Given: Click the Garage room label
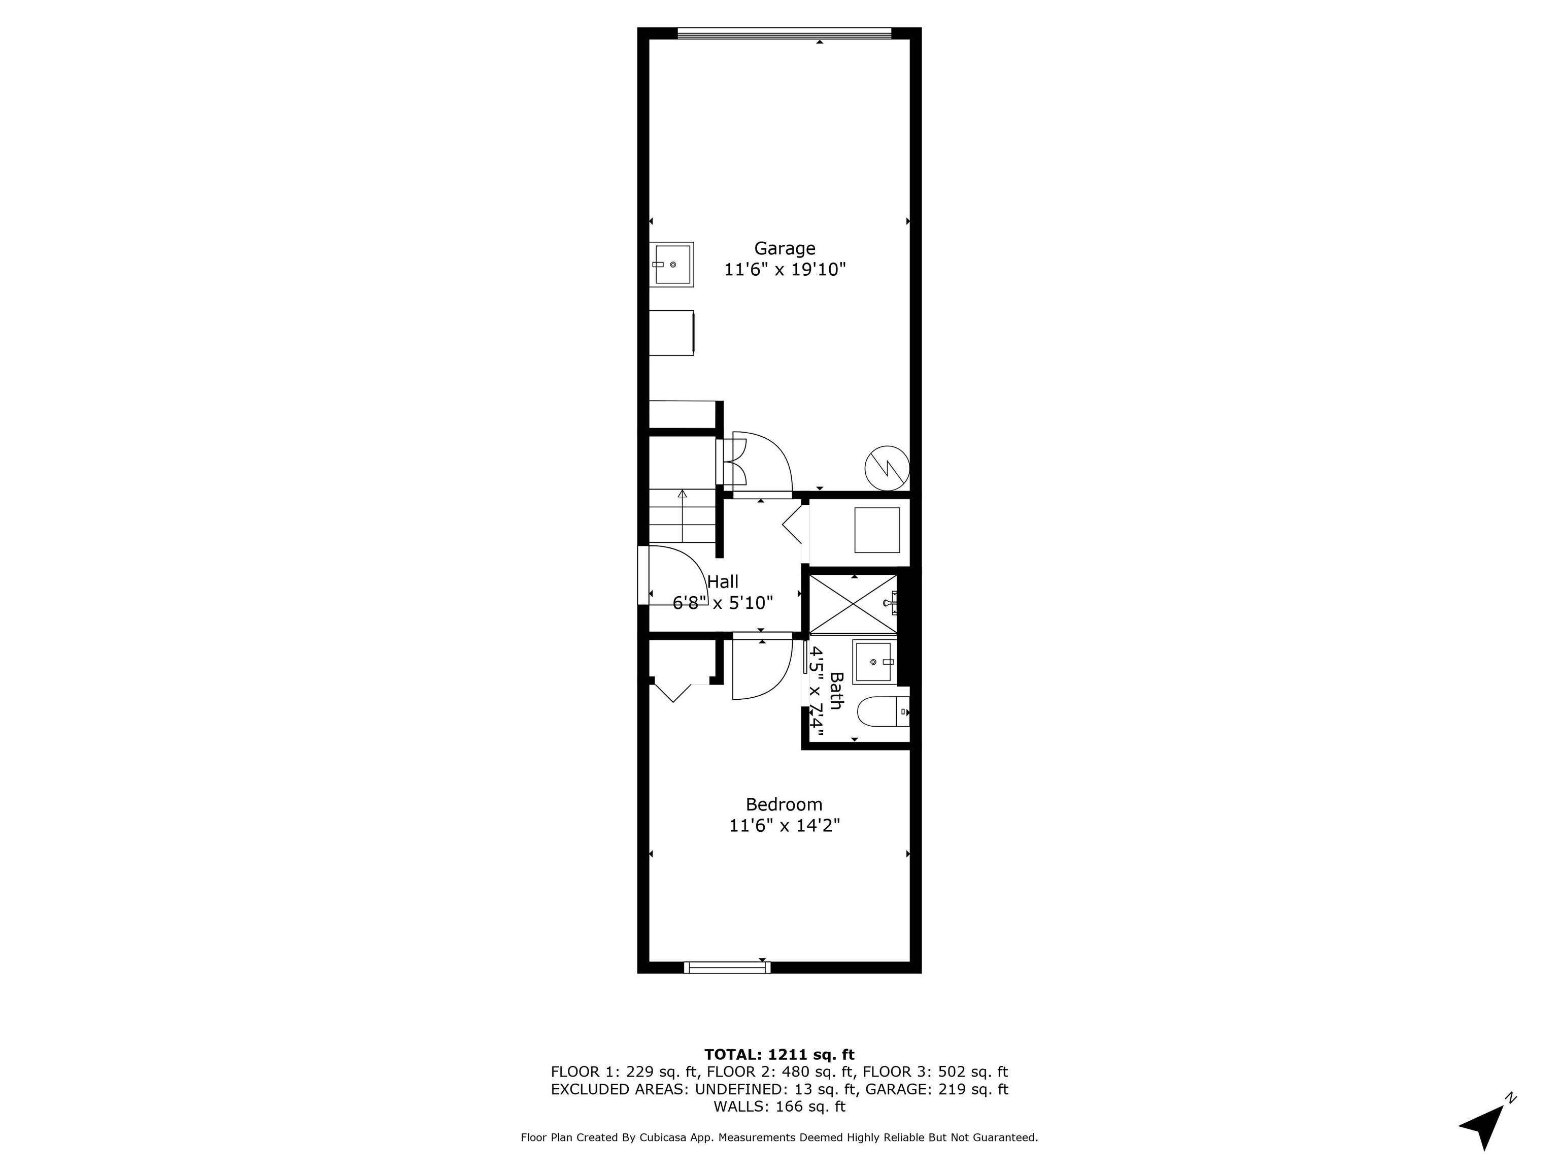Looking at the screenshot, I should (x=785, y=248).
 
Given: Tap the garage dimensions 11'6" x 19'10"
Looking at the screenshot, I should (x=785, y=270).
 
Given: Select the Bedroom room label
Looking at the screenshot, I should (x=784, y=804).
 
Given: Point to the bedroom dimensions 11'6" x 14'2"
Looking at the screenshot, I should (x=784, y=825).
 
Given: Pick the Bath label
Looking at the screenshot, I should (x=836, y=691).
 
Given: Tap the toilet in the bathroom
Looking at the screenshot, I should (x=882, y=711).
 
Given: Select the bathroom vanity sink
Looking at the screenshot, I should (x=874, y=662).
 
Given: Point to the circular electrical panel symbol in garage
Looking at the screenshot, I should (x=887, y=468).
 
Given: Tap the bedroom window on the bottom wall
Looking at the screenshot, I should (x=727, y=967).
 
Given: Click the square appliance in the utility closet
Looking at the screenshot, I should (x=877, y=530).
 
